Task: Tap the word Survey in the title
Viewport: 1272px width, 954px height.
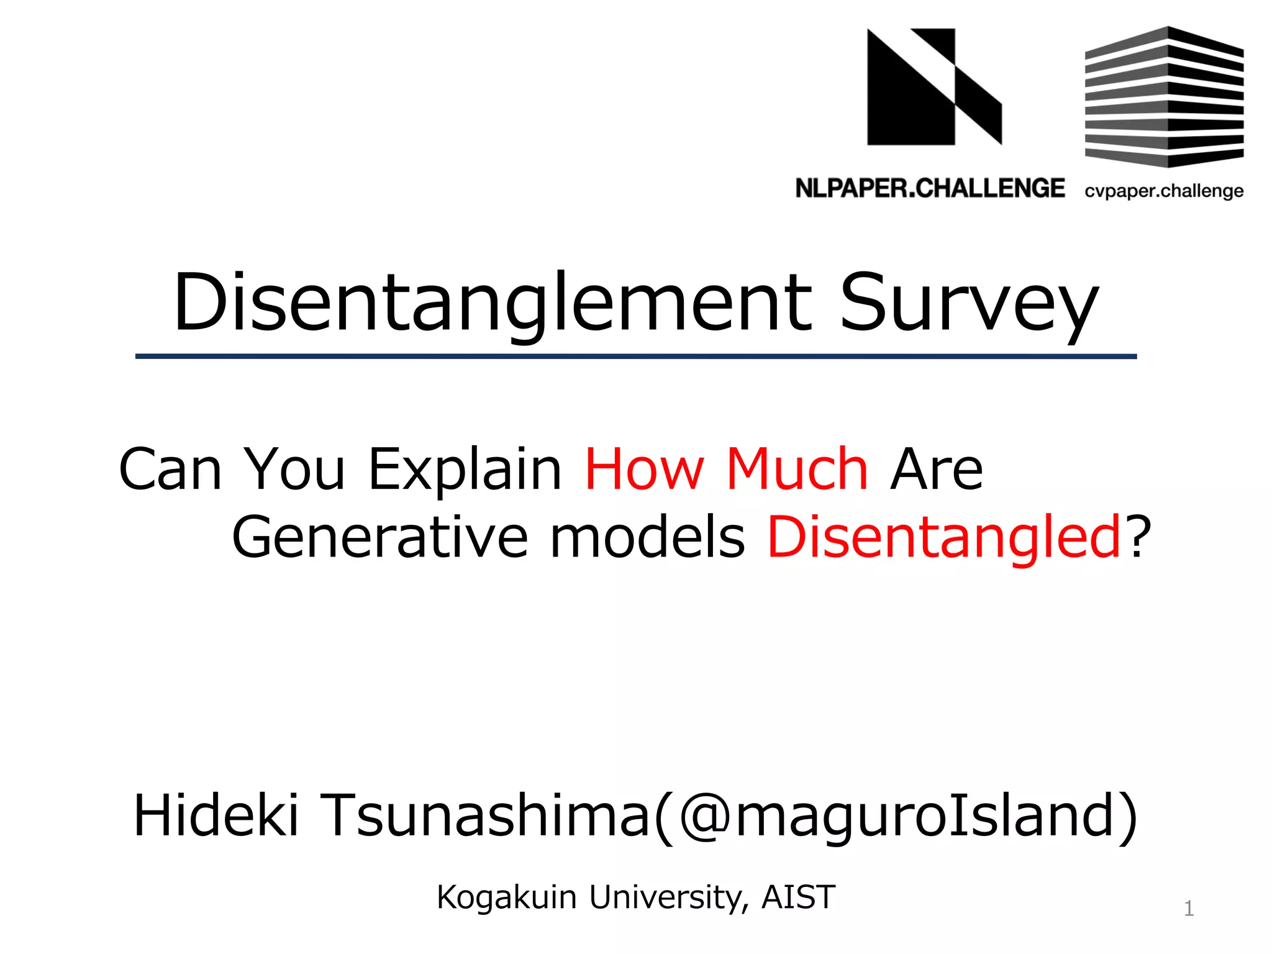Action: click(969, 304)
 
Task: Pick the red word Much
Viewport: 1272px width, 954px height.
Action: click(797, 470)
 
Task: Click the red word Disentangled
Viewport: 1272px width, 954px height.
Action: click(943, 538)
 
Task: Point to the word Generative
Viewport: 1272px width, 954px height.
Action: click(379, 538)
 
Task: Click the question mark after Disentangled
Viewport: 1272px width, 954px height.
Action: click(1140, 538)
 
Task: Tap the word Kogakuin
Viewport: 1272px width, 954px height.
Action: click(507, 898)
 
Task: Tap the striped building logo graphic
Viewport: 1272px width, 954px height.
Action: click(1164, 97)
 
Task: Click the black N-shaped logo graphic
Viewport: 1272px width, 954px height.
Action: click(934, 87)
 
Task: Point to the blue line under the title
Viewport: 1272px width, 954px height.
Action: click(636, 357)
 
